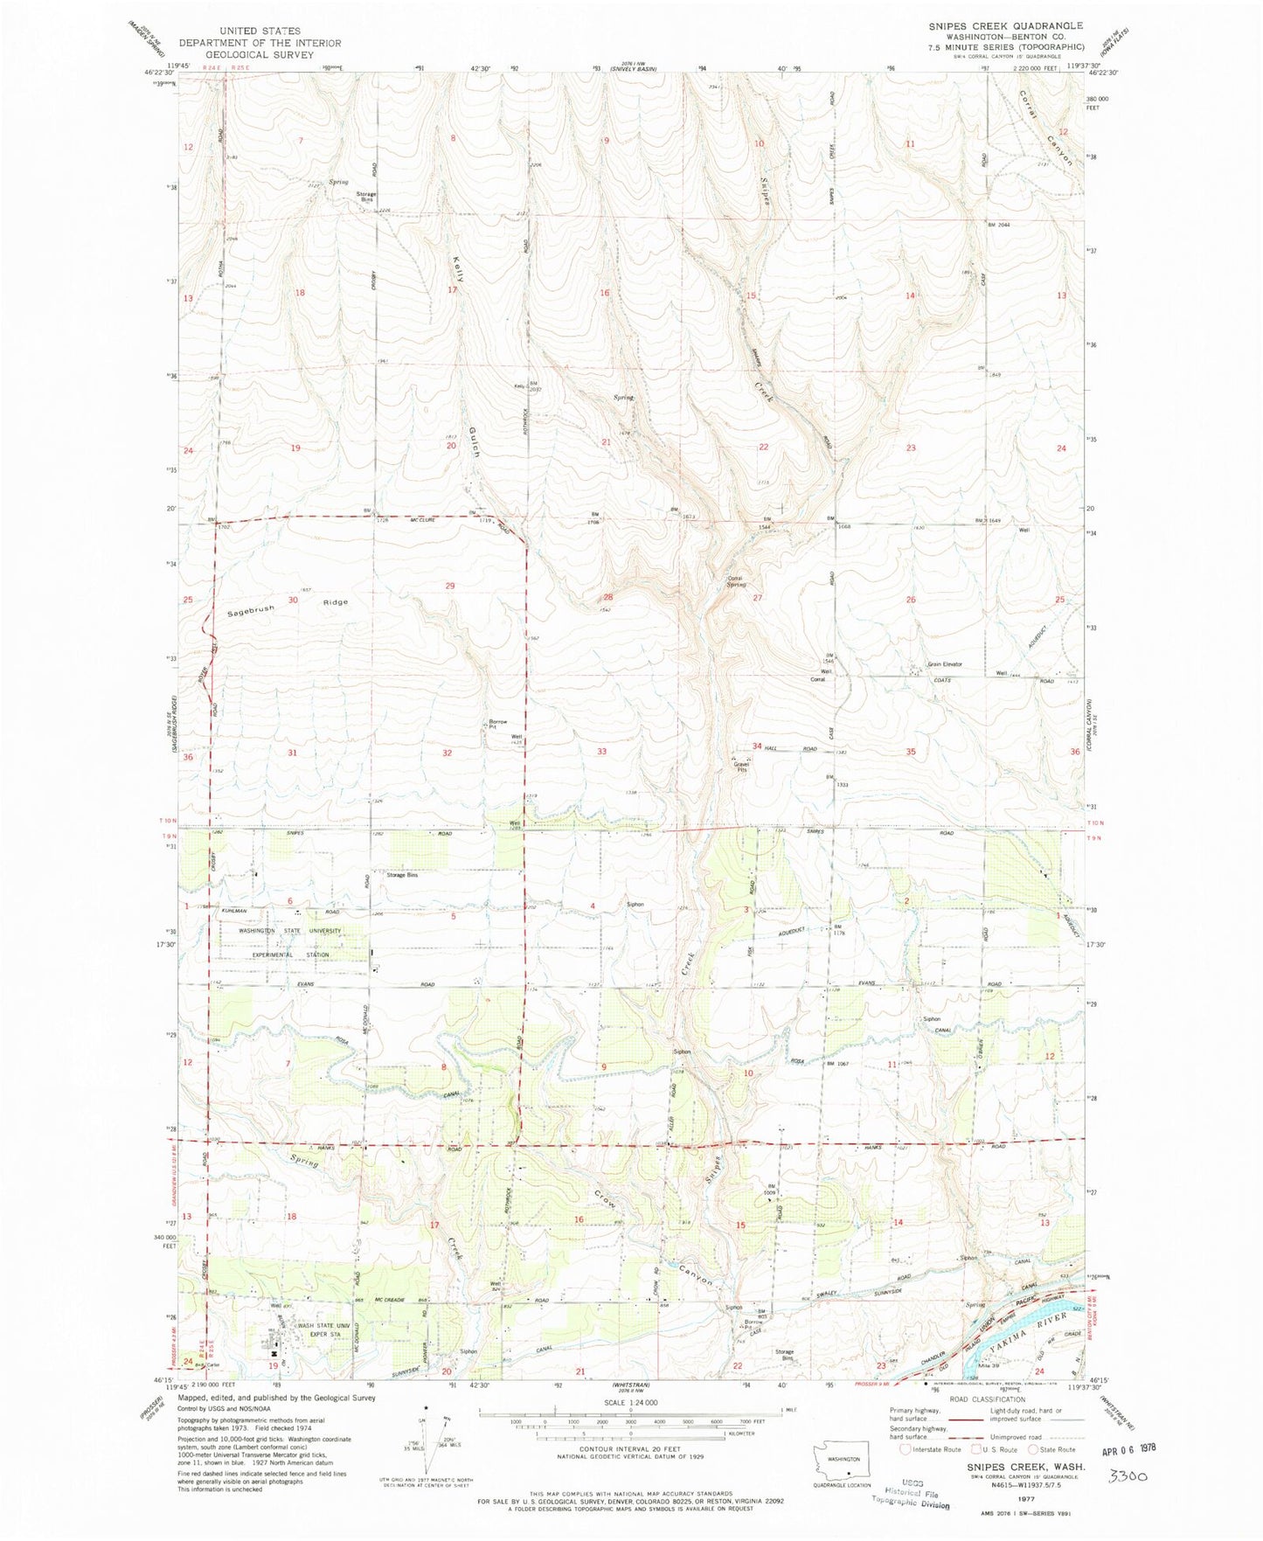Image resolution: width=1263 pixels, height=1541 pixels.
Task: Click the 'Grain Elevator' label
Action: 944,664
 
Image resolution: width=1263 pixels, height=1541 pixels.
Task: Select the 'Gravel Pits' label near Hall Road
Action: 741,767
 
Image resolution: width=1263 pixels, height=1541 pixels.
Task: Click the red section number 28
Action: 607,597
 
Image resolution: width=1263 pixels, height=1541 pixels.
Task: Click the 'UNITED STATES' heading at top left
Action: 259,31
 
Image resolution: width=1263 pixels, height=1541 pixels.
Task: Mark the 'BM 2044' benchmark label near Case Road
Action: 998,226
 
